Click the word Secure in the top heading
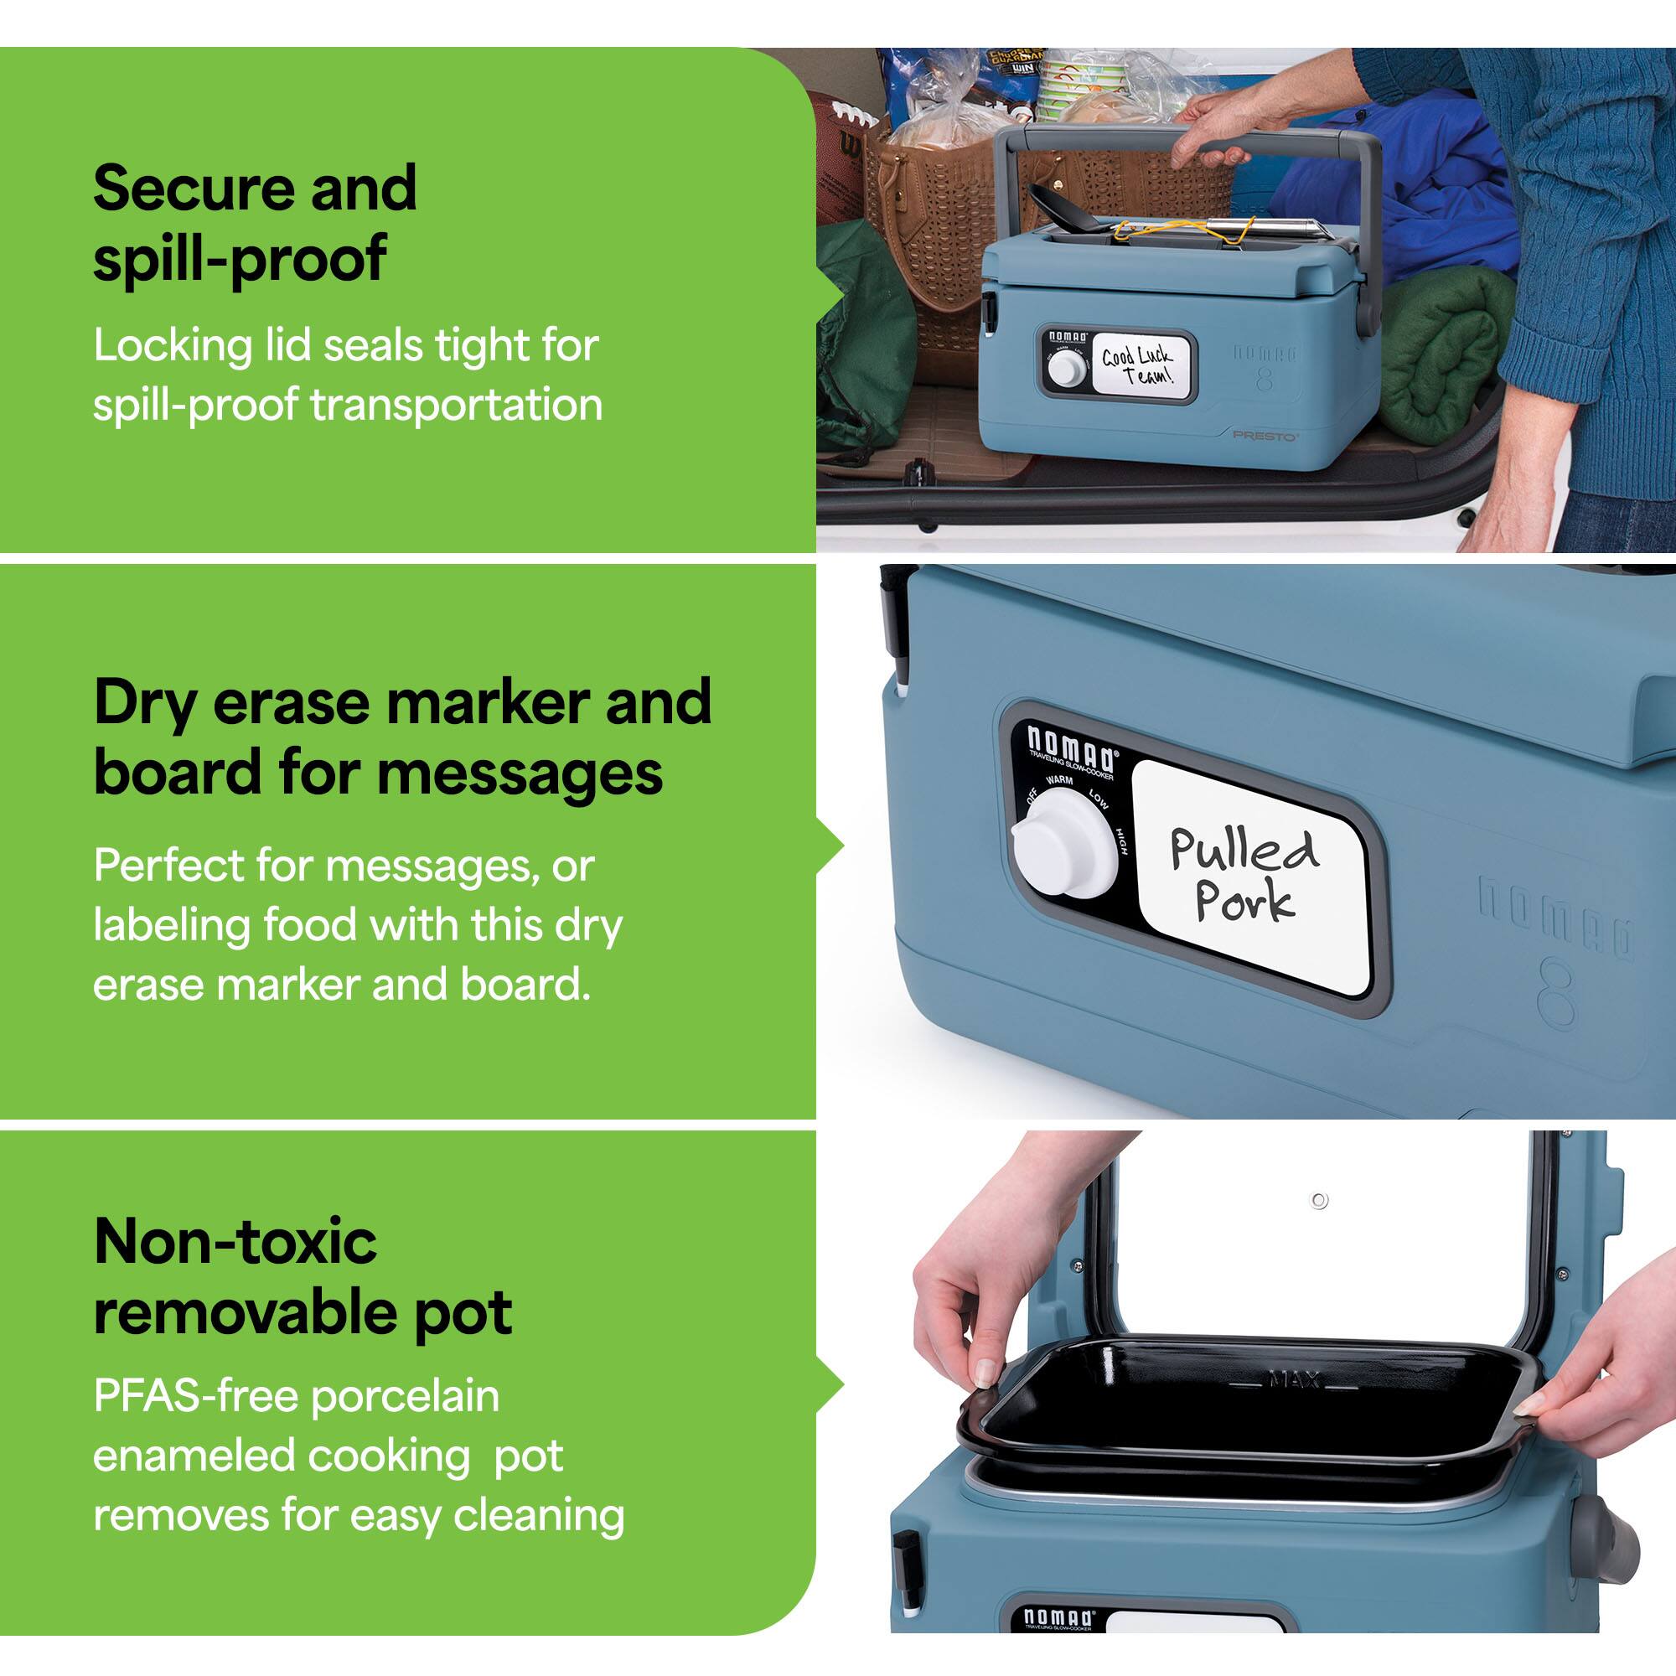pos(193,189)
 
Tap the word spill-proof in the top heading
pos(239,258)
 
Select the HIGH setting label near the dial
pos(1120,840)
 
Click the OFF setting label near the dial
pos(1032,795)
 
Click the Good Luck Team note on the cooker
pos(1136,365)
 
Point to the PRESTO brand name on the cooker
pos(1265,435)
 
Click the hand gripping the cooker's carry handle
pos(1214,130)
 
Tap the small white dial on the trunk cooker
pos(1066,369)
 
